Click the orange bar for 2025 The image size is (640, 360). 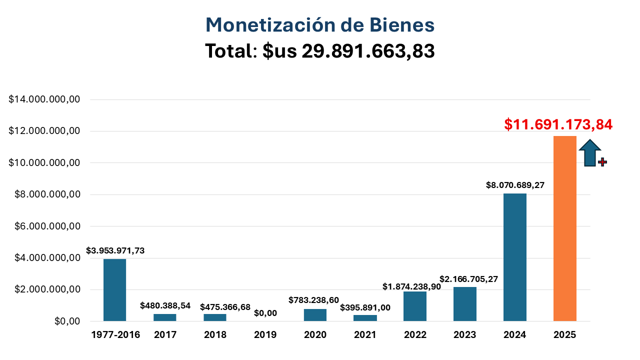point(565,228)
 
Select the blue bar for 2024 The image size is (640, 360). point(515,257)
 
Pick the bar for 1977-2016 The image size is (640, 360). point(114,290)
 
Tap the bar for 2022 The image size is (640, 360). point(415,306)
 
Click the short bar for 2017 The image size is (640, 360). point(165,317)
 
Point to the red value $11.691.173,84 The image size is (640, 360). point(558,124)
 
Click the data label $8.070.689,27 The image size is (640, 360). point(515,185)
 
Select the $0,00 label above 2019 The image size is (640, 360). point(265,313)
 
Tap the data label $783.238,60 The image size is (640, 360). point(313,300)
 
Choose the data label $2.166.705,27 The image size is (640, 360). point(469,279)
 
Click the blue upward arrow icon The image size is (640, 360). point(590,152)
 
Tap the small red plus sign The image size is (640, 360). point(602,162)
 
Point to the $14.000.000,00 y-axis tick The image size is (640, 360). point(45,99)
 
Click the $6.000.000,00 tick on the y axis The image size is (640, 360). point(45,226)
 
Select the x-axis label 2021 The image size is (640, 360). point(365,335)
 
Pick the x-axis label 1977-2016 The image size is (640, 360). point(115,335)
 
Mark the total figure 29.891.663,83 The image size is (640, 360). point(368,51)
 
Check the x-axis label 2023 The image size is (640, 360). point(465,335)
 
